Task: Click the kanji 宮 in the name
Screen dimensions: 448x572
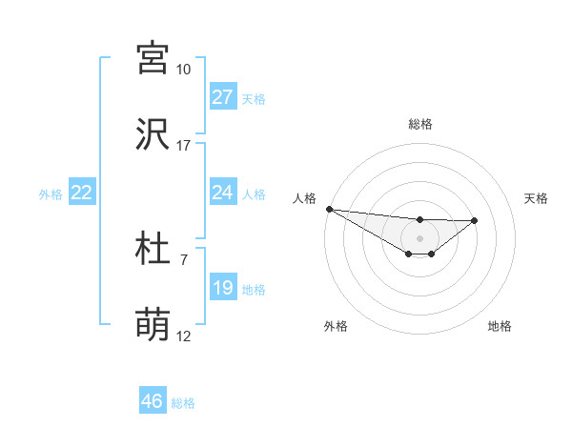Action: (x=153, y=58)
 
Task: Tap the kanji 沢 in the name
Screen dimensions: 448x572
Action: (x=153, y=134)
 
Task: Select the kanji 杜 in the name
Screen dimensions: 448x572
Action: (x=153, y=249)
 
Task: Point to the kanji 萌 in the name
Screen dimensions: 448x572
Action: (x=153, y=325)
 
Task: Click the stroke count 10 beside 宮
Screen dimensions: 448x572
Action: (x=184, y=70)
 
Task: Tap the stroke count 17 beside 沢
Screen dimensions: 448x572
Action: (x=184, y=146)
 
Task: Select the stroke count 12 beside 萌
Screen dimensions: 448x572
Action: (x=184, y=336)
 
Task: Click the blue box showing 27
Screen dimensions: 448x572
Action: (x=223, y=97)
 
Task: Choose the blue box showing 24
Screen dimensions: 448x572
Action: (x=223, y=193)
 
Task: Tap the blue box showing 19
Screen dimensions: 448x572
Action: (x=223, y=288)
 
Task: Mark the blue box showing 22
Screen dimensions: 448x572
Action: (x=82, y=193)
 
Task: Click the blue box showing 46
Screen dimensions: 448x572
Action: (x=153, y=401)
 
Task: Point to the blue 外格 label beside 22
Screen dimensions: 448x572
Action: (x=51, y=193)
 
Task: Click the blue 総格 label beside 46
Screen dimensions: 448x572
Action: (x=183, y=403)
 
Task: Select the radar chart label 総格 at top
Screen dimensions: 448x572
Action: (x=420, y=124)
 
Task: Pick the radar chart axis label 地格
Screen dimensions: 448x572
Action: (x=500, y=327)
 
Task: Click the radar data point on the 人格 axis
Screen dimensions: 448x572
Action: (x=329, y=209)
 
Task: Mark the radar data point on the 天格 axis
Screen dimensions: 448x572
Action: (x=475, y=220)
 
